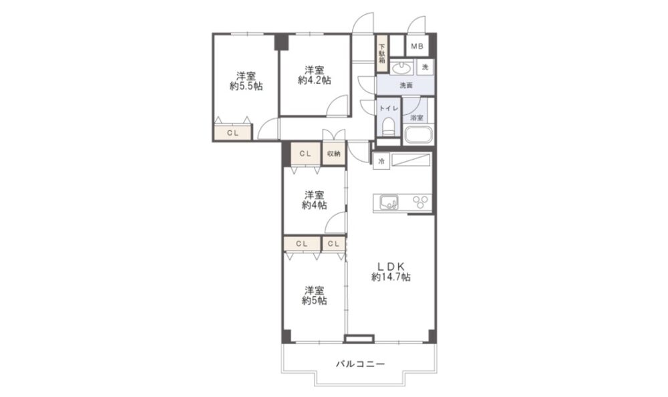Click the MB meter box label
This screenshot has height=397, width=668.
[417, 46]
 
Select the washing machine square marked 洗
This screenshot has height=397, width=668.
[425, 67]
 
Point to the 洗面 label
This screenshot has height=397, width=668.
[406, 86]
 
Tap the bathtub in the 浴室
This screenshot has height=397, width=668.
[418, 135]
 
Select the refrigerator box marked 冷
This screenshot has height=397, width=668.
[381, 161]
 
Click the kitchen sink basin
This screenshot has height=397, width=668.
[389, 203]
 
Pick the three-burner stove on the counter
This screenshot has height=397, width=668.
[420, 202]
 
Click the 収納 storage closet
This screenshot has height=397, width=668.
[334, 154]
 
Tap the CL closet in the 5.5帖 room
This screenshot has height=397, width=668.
[232, 132]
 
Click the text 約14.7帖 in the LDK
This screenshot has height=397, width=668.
[391, 277]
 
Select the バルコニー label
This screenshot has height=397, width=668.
[360, 364]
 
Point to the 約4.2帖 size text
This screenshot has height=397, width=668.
[315, 80]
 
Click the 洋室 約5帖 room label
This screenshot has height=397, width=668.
[315, 295]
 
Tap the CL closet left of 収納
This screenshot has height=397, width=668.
[305, 154]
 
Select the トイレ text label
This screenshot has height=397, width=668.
[389, 108]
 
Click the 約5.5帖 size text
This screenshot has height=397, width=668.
[246, 87]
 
